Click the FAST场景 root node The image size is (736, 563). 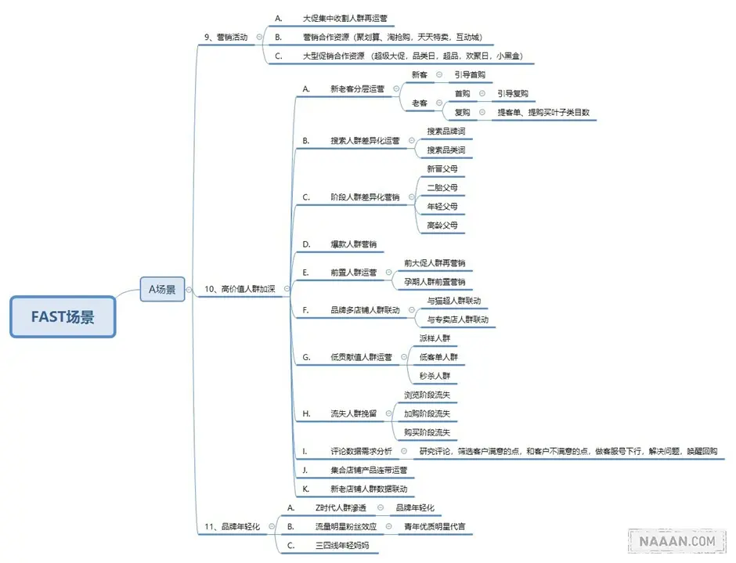63,317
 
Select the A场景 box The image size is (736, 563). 162,289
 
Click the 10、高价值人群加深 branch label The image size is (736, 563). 240,289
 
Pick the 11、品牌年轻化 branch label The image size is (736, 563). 232,526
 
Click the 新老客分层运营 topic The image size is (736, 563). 357,89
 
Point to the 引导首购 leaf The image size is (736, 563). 470,74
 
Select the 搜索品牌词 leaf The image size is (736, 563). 446,132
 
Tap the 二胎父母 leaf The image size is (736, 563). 442,188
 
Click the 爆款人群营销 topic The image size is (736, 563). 353,244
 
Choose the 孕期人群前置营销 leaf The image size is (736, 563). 435,282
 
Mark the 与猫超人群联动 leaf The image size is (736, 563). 454,301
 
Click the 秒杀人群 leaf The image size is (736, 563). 435,376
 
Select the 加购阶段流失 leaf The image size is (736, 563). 427,413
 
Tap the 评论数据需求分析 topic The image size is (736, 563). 361,452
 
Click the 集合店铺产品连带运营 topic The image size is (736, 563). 369,471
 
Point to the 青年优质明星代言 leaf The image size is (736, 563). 435,527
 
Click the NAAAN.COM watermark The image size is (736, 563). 678,540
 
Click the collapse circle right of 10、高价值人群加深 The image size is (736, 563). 287,289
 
